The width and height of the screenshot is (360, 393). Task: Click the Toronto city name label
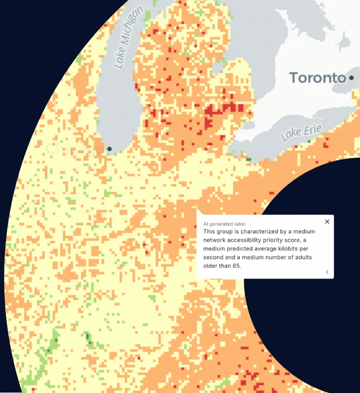[x=317, y=78]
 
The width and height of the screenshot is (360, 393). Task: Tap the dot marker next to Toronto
[x=352, y=78]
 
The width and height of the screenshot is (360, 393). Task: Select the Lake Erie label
[x=300, y=133]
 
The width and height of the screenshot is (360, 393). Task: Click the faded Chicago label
[x=74, y=149]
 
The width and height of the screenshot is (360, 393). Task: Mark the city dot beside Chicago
[x=110, y=149]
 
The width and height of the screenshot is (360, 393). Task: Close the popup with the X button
[x=327, y=221]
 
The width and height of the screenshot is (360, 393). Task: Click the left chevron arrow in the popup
[x=327, y=272]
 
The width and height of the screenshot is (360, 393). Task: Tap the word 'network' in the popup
[x=214, y=240]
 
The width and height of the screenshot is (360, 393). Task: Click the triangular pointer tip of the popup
[x=197, y=209]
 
